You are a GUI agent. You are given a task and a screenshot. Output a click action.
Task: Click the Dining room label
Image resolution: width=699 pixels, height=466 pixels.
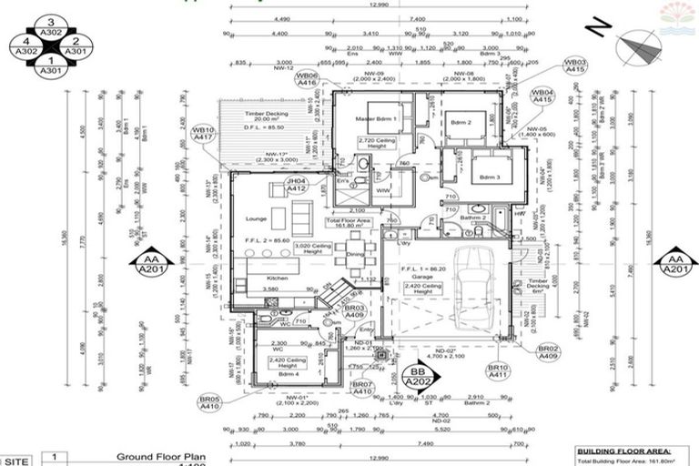[x=354, y=254]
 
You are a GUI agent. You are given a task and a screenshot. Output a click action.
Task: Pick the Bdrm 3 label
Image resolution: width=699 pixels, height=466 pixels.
[x=491, y=177]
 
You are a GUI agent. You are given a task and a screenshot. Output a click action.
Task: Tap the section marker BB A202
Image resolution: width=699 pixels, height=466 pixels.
[x=418, y=377]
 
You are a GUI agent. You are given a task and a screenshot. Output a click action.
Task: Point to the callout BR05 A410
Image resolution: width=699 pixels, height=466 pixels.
[x=211, y=403]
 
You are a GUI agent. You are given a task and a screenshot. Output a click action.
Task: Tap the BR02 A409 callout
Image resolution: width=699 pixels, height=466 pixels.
[x=547, y=352]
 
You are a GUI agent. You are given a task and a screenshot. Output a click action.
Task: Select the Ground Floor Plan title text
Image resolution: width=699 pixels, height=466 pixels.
[x=159, y=457]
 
